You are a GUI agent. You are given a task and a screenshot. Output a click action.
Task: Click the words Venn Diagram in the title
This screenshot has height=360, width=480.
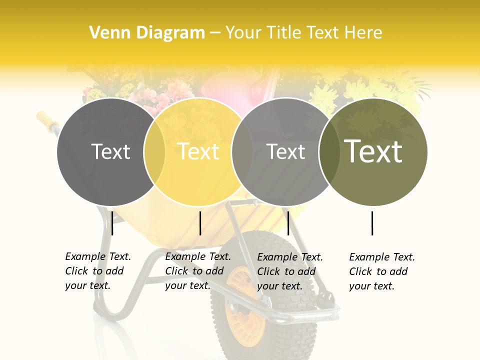point(147,33)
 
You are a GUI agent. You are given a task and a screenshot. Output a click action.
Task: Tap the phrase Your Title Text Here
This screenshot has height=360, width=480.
point(303,33)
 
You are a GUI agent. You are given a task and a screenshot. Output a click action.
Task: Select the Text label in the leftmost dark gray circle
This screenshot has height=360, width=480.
point(110,151)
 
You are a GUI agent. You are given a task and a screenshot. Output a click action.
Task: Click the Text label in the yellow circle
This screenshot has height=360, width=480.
point(198,151)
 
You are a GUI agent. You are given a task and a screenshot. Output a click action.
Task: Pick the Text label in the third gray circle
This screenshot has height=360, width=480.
point(285,151)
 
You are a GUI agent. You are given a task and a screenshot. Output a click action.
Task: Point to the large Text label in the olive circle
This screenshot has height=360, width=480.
point(373,151)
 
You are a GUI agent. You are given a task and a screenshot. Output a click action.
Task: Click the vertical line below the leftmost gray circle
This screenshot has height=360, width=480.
point(112,223)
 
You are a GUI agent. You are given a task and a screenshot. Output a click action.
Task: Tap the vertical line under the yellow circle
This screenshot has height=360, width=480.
point(200,223)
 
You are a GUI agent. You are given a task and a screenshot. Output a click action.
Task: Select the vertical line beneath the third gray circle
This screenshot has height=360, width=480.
point(288,223)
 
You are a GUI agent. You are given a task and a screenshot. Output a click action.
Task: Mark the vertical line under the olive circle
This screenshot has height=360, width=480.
point(372,223)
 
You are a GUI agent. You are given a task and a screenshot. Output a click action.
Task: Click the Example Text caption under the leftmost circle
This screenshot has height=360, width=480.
point(97,271)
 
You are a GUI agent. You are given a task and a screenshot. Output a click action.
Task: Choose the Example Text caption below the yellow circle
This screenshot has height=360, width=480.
point(197,271)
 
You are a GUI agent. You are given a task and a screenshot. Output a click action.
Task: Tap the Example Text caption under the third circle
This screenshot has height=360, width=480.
point(289,271)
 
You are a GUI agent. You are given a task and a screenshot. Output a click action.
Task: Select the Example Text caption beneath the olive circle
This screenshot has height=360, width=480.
point(381,271)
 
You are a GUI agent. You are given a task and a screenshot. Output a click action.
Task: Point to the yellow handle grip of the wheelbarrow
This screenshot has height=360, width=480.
point(45,121)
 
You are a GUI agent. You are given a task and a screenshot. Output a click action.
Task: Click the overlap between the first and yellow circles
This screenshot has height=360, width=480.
point(154,151)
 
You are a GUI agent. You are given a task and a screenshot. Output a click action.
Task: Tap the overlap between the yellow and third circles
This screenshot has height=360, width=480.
point(242,151)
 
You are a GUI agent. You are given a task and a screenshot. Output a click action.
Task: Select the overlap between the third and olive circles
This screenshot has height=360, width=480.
point(329,151)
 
